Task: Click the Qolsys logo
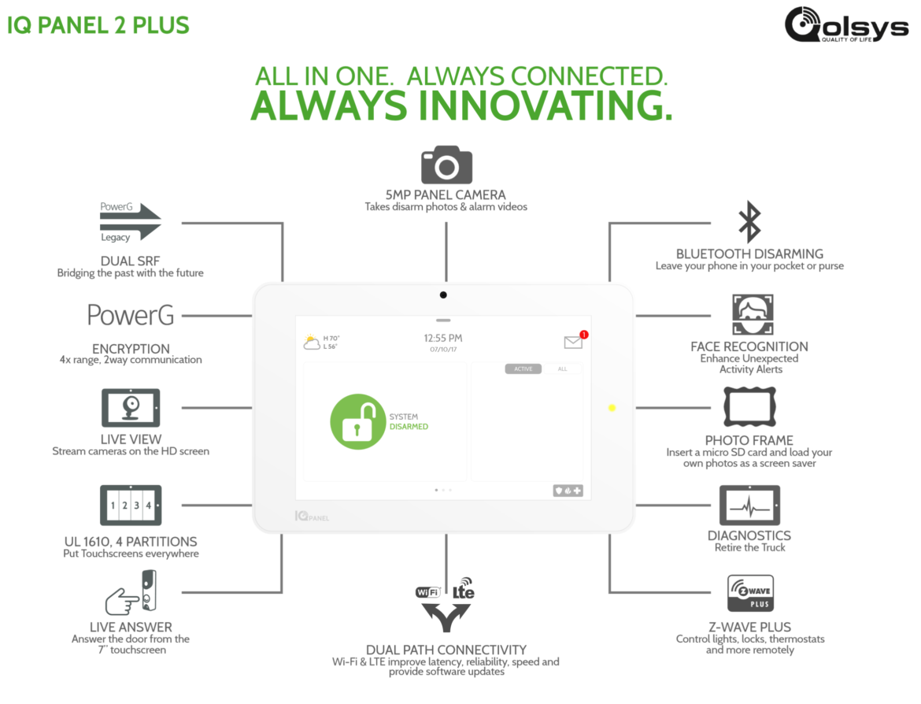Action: [846, 24]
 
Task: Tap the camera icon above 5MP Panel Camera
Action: [446, 165]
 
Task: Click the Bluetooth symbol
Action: [749, 222]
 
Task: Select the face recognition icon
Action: [753, 314]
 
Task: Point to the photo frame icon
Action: [749, 406]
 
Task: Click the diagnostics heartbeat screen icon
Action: [749, 506]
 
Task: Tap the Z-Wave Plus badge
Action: [750, 594]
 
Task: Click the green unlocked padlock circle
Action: [357, 421]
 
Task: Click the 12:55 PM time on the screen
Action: [443, 338]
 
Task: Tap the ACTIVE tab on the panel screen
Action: [523, 369]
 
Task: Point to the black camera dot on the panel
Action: [443, 295]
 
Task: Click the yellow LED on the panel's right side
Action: [612, 408]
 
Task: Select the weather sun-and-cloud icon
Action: [312, 342]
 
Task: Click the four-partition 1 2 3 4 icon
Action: [131, 506]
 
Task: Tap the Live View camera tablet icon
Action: [131, 408]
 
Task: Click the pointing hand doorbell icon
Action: [131, 592]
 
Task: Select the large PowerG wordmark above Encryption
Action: [131, 315]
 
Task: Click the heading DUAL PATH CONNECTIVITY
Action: [446, 650]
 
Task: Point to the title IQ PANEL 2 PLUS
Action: [98, 25]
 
